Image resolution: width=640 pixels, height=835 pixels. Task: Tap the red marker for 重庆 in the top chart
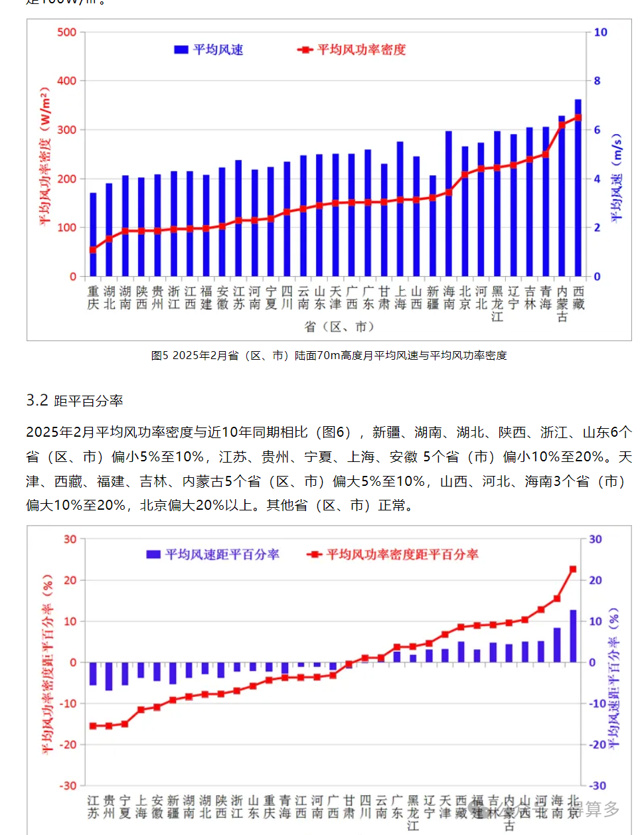click(93, 250)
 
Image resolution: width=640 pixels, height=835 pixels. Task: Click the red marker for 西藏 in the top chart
click(578, 117)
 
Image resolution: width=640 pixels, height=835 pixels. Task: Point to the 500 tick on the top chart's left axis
click(66, 32)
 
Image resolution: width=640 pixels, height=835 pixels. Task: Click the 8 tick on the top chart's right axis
click(597, 81)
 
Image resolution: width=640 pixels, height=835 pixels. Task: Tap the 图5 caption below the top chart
click(329, 356)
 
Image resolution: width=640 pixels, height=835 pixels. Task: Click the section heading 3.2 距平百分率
click(75, 401)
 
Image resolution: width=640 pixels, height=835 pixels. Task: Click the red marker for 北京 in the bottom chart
click(573, 569)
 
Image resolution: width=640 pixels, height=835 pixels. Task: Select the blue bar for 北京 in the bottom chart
click(573, 636)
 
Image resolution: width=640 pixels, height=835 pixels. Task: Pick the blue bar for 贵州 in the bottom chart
click(109, 676)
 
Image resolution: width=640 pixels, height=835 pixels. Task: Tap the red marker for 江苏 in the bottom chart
click(93, 726)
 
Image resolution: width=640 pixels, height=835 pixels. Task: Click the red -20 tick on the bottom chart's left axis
click(69, 745)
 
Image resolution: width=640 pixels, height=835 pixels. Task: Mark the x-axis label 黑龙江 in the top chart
click(497, 304)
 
